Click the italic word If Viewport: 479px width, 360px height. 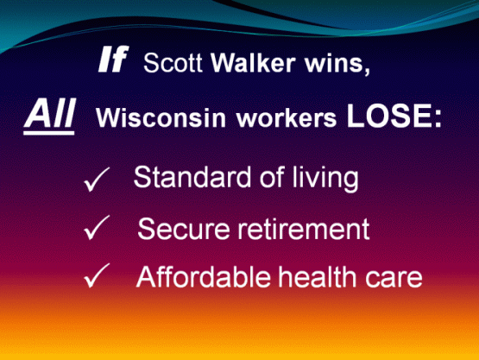[x=113, y=59]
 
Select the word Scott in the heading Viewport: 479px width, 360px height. [x=173, y=63]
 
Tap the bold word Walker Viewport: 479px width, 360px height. [x=253, y=63]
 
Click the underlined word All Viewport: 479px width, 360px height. [x=49, y=116]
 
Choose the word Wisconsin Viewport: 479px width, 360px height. [x=161, y=117]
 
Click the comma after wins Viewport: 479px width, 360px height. [x=367, y=70]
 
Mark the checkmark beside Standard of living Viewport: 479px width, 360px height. [x=96, y=179]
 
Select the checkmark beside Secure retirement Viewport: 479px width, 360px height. [x=97, y=227]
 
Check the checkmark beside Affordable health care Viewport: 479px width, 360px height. [x=97, y=275]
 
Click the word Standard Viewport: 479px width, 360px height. [x=192, y=177]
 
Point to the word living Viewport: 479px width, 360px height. [x=325, y=179]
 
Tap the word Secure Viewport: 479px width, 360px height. [x=184, y=229]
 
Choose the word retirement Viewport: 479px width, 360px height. [x=304, y=229]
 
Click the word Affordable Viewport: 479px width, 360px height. [x=203, y=276]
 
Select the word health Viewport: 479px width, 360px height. [x=317, y=276]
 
